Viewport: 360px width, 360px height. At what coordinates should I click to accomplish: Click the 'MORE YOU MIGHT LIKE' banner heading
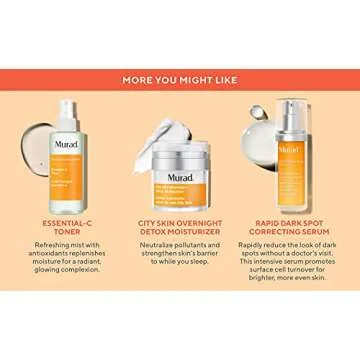click(180, 79)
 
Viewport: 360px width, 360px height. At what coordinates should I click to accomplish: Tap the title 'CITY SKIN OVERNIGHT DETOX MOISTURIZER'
click(180, 228)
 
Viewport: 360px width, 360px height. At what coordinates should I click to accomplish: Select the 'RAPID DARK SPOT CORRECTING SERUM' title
click(292, 228)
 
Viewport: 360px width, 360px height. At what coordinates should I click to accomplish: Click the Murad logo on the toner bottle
click(66, 145)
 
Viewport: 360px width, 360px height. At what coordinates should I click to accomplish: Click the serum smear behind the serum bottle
click(262, 120)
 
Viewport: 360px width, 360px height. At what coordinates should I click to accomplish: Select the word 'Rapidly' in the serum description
click(254, 245)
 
